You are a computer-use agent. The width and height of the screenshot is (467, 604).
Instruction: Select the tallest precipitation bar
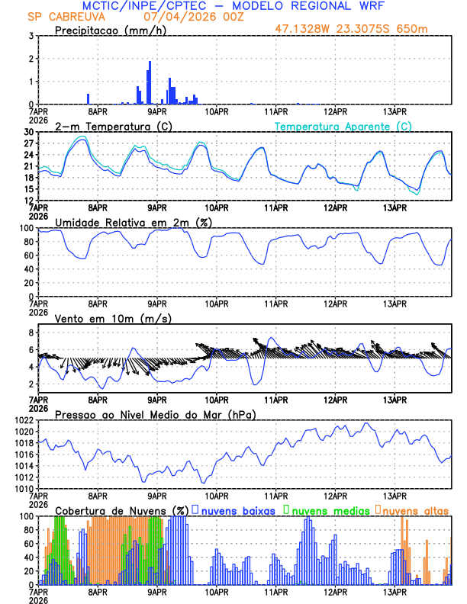pos(150,82)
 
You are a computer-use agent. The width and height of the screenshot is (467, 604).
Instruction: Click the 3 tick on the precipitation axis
pos(30,36)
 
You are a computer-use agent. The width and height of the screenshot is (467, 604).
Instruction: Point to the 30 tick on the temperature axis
pos(27,132)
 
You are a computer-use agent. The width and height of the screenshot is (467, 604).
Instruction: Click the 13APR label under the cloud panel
pos(394,591)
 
